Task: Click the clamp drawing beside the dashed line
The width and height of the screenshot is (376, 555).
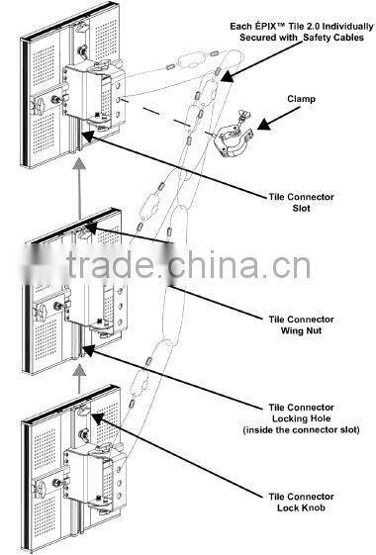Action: coord(234,134)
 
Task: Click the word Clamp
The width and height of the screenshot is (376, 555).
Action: coord(302,99)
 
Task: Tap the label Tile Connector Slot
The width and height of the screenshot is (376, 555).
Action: coord(302,202)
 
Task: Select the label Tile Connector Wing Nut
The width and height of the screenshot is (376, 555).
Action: coord(302,324)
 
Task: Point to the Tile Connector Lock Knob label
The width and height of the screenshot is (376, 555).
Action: coord(302,502)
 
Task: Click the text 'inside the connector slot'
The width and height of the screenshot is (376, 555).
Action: coord(302,429)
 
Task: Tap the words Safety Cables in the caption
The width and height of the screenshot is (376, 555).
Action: coord(333,38)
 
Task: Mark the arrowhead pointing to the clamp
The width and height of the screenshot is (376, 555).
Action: coord(264,125)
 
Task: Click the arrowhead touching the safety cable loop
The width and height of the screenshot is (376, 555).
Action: coord(228,76)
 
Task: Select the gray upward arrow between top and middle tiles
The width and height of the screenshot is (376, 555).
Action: coord(79,188)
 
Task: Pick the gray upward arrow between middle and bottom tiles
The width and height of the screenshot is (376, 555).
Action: coord(80,379)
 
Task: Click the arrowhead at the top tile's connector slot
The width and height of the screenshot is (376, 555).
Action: coord(88,137)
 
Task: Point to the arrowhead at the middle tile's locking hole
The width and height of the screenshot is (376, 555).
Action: coord(88,350)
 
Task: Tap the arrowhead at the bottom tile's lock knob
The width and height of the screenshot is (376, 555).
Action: coord(97,418)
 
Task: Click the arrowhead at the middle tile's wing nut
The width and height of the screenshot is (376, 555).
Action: coord(91,228)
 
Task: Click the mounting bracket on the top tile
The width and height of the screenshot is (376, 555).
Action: coord(94,95)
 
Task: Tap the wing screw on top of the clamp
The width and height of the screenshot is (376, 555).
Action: coord(244,116)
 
